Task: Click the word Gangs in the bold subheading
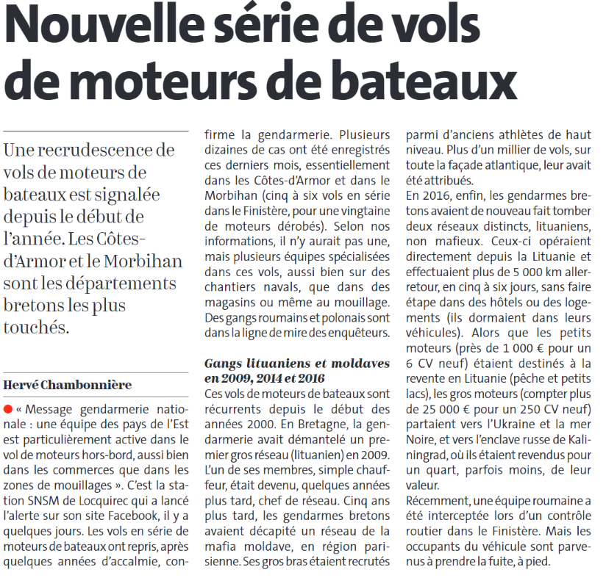[223, 364]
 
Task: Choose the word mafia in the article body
[220, 547]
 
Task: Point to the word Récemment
[438, 500]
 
